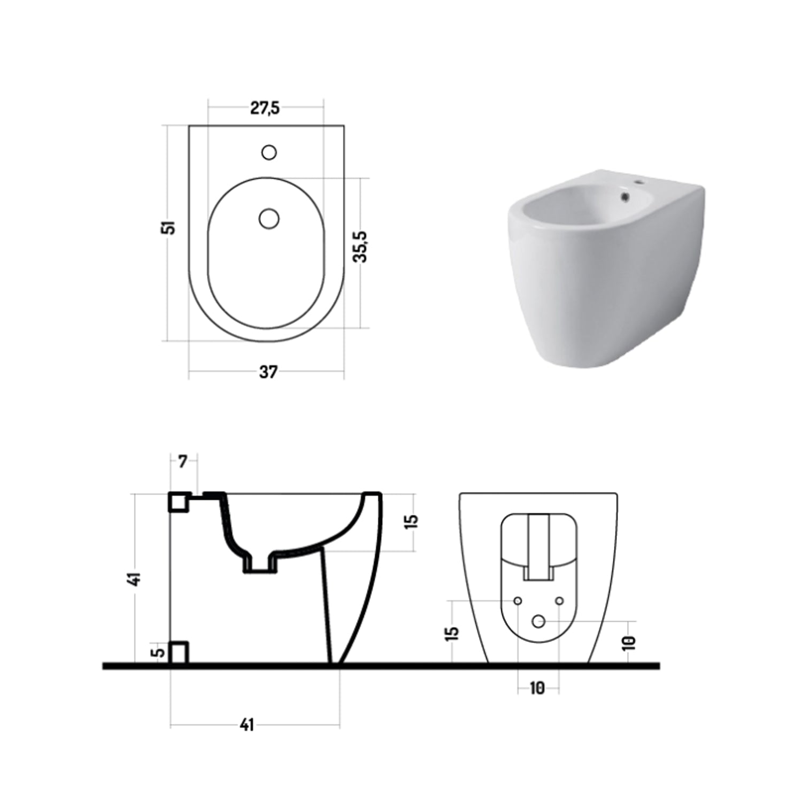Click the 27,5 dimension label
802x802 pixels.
click(x=265, y=108)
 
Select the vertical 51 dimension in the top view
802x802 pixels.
click(x=170, y=227)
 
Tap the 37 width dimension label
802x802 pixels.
click(x=268, y=372)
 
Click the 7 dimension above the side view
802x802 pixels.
click(x=183, y=461)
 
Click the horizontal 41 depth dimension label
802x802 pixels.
click(x=246, y=725)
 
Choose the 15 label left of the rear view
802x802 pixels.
click(x=452, y=633)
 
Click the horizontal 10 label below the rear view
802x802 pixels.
click(x=537, y=688)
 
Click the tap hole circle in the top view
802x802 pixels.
click(x=269, y=152)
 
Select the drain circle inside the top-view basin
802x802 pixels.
click(x=269, y=218)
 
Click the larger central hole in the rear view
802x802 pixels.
click(x=539, y=621)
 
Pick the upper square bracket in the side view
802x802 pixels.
click(x=179, y=502)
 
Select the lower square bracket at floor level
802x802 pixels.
click(x=179, y=652)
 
